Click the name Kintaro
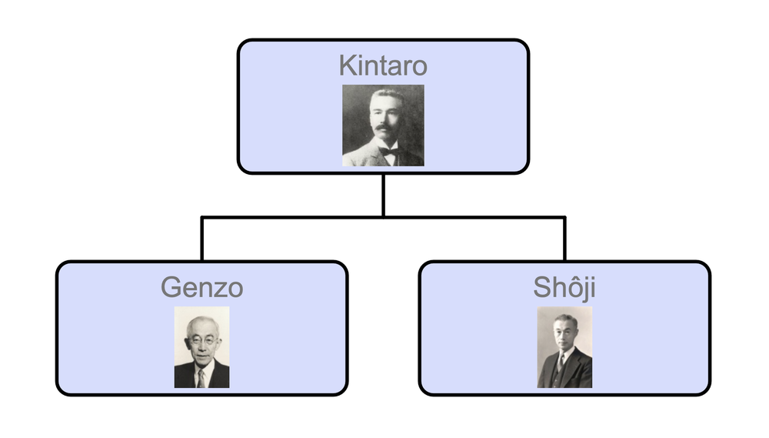pos(383,65)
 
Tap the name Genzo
pos(201,288)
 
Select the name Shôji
pos(564,287)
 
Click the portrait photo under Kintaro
pos(383,125)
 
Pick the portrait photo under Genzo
pos(201,347)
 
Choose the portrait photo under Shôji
pos(564,347)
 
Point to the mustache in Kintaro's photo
pos(384,129)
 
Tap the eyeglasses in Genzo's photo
pos(201,339)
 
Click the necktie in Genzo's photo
pos(200,377)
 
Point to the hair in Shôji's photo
pos(565,318)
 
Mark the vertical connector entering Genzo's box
pos(201,239)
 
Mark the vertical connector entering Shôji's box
pos(564,239)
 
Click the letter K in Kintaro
pos(347,65)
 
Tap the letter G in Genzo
pos(171,288)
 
